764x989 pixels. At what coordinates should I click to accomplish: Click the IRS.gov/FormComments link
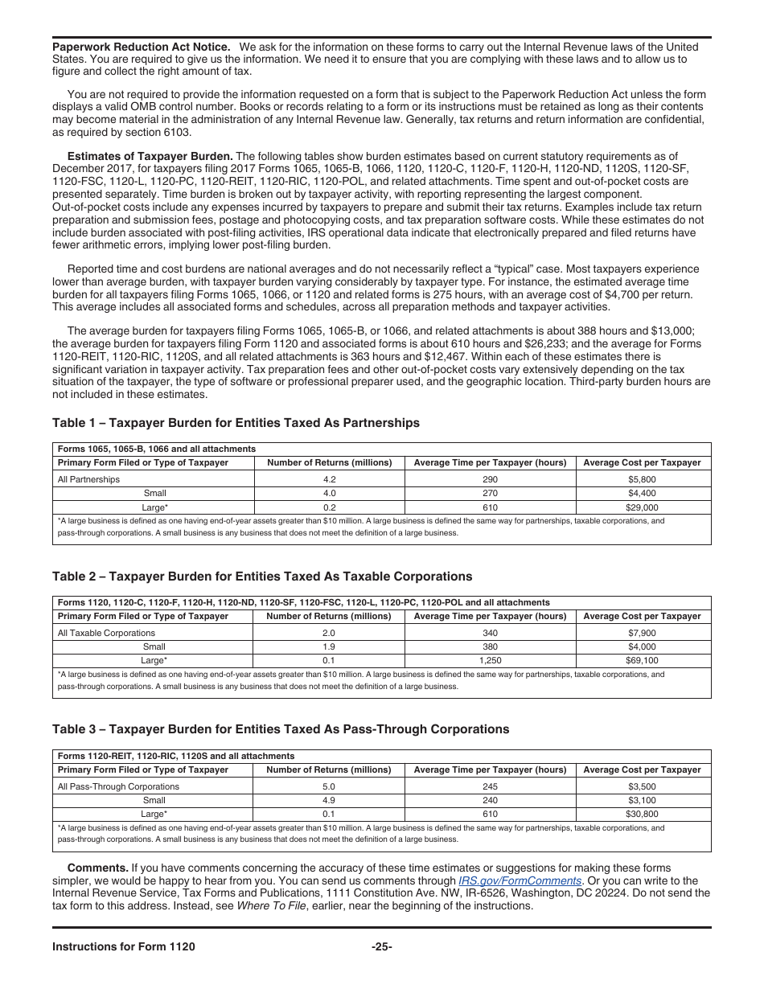coord(520,880)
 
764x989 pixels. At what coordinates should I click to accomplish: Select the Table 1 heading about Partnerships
coord(236,423)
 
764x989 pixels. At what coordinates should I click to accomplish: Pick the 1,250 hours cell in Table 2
coord(490,661)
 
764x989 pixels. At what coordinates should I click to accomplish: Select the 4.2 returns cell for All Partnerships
coord(329,479)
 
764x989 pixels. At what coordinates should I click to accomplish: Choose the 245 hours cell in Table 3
coord(490,786)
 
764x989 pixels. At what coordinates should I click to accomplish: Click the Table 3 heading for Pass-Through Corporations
coord(281,729)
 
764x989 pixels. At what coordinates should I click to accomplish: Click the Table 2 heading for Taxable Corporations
coord(262,577)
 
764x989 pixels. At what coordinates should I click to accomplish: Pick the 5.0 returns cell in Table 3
coord(328,786)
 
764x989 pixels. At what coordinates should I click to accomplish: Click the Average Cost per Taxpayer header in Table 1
coord(642,462)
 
